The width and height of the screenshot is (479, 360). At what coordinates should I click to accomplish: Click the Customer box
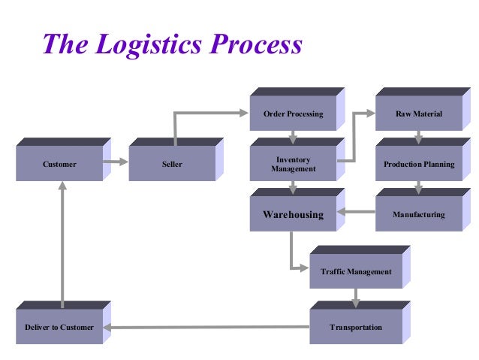[x=59, y=164]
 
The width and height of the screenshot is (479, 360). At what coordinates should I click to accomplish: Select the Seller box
[x=172, y=164]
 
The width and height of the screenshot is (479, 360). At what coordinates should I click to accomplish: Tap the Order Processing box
[x=293, y=114]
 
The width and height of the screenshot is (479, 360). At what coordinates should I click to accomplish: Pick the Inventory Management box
[x=293, y=165]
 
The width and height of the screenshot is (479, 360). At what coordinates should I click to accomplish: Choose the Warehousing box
[x=293, y=214]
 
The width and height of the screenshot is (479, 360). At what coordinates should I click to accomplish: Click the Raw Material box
[x=418, y=114]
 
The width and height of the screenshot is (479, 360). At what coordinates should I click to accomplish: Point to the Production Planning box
[x=418, y=164]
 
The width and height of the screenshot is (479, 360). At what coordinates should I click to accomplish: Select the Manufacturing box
[x=418, y=214]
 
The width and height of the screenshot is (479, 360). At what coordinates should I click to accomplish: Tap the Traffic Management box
[x=355, y=271]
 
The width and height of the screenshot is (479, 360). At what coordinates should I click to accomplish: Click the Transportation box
[x=355, y=328]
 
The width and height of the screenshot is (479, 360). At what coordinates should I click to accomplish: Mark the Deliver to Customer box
[x=59, y=328]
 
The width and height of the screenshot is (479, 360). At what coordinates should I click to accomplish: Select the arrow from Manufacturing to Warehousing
[x=356, y=212]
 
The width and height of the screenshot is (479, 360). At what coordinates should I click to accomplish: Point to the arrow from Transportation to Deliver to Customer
[x=210, y=327]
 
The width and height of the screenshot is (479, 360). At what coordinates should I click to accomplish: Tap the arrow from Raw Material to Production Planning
[x=418, y=138]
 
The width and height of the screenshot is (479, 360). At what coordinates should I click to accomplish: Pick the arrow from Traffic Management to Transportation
[x=356, y=298]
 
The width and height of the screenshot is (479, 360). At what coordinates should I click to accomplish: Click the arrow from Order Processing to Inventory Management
[x=294, y=138]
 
